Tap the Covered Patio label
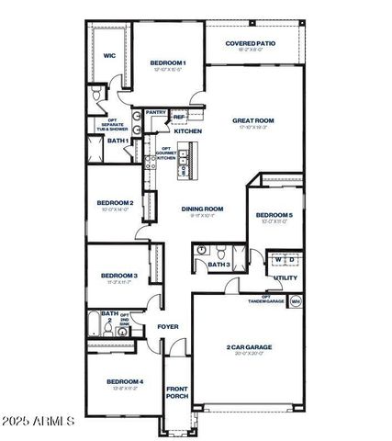[x=252, y=43]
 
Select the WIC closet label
[x=108, y=56]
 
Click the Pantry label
[x=155, y=113]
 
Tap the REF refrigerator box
[x=179, y=117]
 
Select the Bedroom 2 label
[x=116, y=203]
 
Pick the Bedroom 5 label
[x=274, y=215]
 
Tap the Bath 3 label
[x=218, y=266]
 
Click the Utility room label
[x=285, y=277]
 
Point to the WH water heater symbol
[x=296, y=300]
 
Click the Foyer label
[x=167, y=326]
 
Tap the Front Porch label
[x=177, y=392]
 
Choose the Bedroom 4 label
[x=124, y=381]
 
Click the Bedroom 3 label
[x=119, y=276]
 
